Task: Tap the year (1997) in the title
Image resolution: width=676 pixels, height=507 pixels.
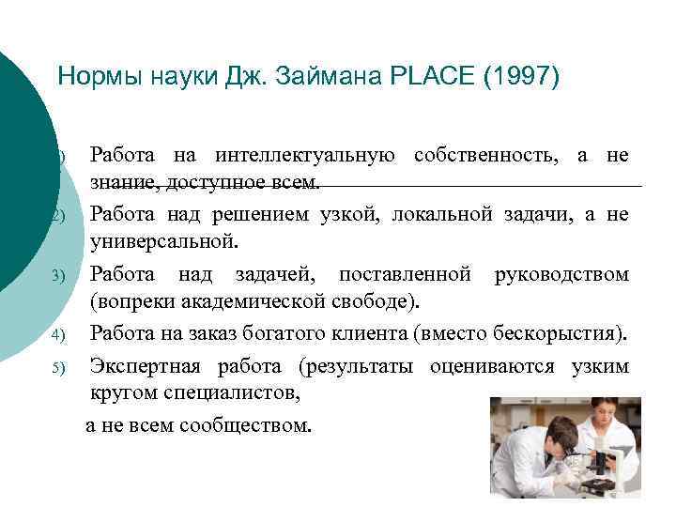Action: pyautogui.click(x=518, y=75)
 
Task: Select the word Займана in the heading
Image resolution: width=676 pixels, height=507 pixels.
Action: pyautogui.click(x=321, y=75)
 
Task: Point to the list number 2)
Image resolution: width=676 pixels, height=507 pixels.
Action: pyautogui.click(x=56, y=216)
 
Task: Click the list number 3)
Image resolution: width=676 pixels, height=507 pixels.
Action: pyautogui.click(x=56, y=275)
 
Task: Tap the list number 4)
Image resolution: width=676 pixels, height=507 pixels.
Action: pyautogui.click(x=56, y=334)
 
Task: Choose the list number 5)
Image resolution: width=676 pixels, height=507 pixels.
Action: pyautogui.click(x=56, y=367)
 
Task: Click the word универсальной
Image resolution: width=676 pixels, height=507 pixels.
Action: pyautogui.click(x=163, y=243)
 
